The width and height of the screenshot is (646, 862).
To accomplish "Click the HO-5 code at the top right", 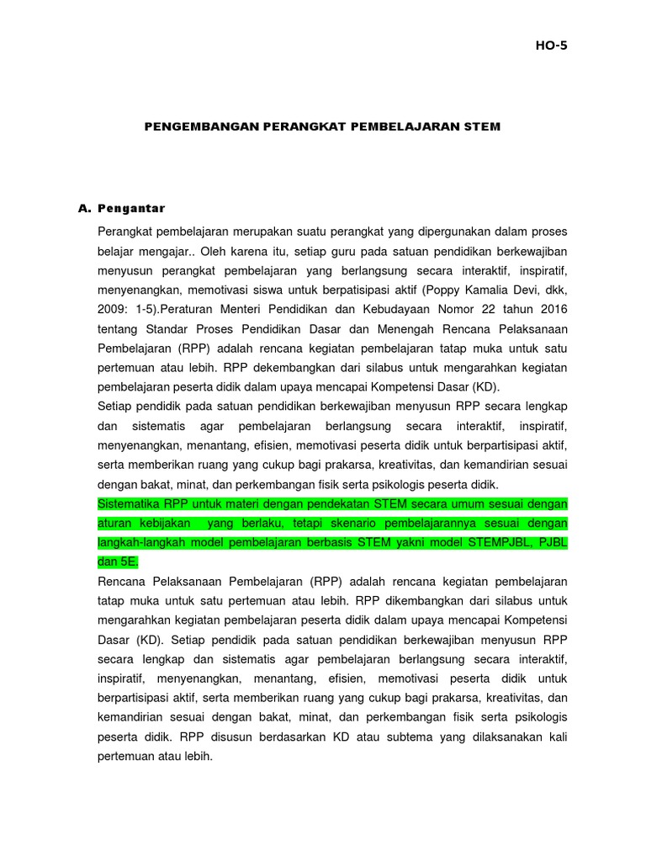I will (551, 45).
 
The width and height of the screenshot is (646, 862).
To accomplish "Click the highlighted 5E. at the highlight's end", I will (130, 561).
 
